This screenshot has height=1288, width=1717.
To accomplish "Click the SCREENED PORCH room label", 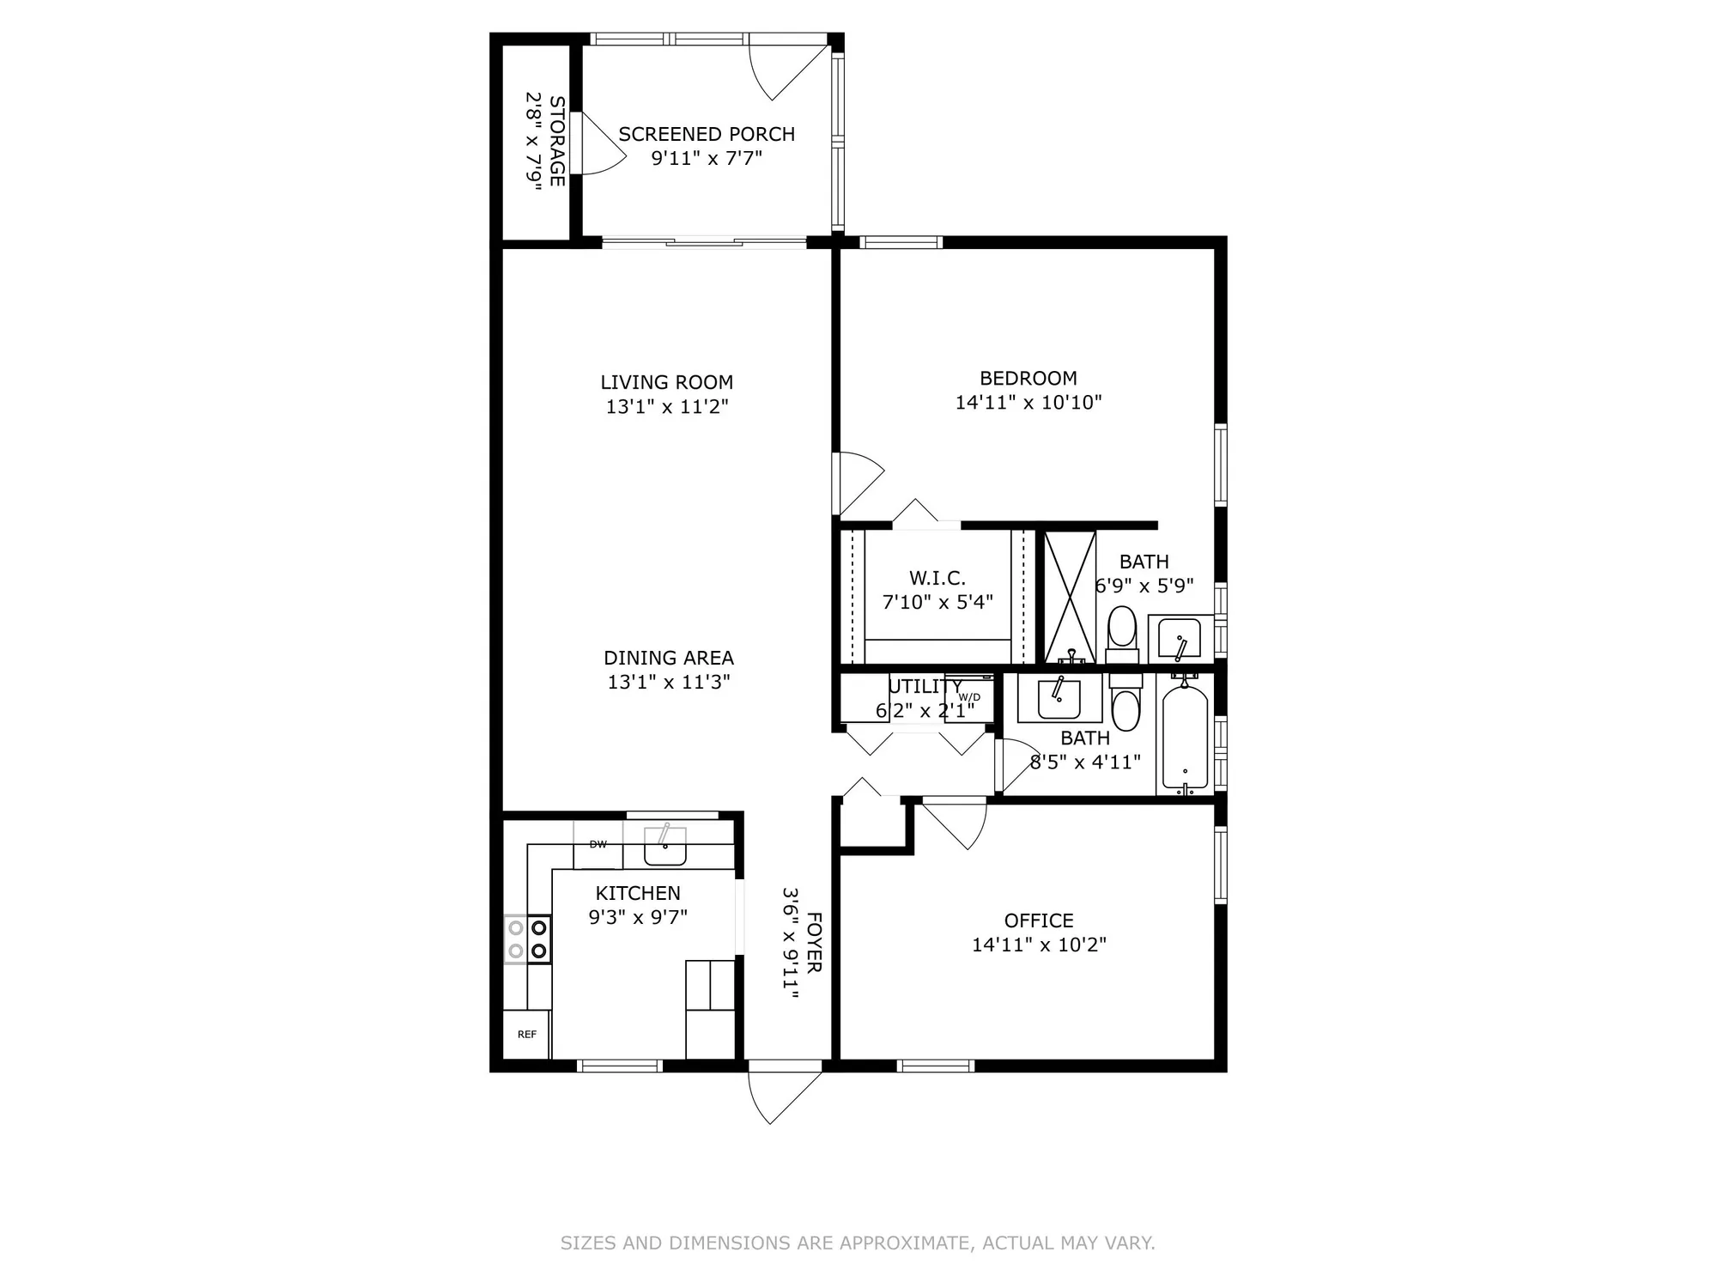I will (x=707, y=134).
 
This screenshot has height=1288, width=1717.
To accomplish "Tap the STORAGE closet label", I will (x=557, y=141).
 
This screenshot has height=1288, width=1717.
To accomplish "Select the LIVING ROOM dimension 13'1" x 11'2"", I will (x=667, y=406).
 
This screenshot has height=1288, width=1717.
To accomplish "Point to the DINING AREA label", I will (x=668, y=658).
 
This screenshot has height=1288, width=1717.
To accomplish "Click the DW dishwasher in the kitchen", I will (x=598, y=845).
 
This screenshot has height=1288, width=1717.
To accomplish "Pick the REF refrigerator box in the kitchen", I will (x=526, y=1035).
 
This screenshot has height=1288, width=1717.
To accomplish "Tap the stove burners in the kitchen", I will (x=527, y=939).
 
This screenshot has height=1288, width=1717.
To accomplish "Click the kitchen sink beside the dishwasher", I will (x=664, y=847).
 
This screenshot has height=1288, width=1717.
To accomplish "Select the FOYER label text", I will (x=814, y=943).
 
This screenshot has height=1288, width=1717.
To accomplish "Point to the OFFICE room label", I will (x=1039, y=920).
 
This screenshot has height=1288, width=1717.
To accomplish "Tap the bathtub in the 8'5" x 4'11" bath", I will (x=1185, y=737).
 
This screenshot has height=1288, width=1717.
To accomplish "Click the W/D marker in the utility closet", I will (x=969, y=697).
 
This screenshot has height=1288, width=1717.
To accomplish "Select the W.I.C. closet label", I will (x=937, y=579).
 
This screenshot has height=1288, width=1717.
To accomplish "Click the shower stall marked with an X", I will (x=1070, y=596).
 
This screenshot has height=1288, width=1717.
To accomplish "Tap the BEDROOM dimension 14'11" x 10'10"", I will (x=1028, y=402).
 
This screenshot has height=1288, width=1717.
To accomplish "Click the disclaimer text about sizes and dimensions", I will (x=858, y=1242).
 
